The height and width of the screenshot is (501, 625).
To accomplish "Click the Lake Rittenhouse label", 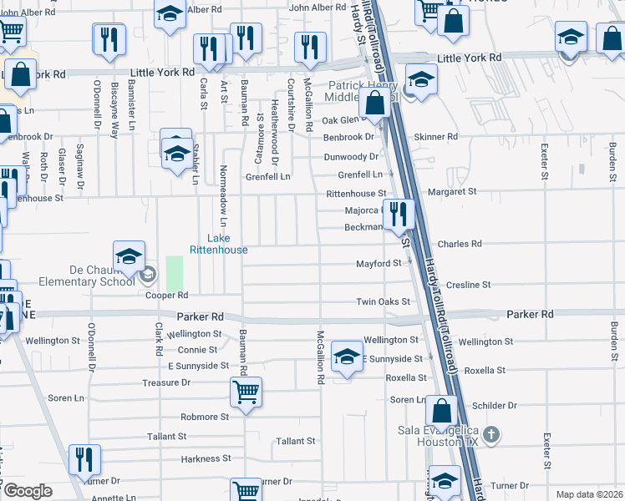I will [x=218, y=244].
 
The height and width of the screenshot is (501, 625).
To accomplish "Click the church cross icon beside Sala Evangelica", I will [x=491, y=434].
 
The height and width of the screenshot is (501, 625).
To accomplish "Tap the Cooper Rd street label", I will [x=166, y=296].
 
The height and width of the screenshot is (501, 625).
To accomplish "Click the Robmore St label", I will [x=205, y=417].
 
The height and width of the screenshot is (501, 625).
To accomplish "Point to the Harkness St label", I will [x=205, y=459].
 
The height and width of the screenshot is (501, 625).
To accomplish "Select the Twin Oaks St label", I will [x=384, y=301].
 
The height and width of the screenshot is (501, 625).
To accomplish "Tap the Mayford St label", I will [x=379, y=264].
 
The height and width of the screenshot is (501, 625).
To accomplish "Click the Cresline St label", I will [x=469, y=285].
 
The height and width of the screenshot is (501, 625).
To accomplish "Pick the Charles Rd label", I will [x=460, y=244].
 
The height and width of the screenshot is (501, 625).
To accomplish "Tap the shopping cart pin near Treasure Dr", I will [x=246, y=392].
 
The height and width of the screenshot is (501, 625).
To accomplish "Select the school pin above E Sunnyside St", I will [x=347, y=357].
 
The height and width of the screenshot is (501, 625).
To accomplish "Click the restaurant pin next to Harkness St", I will [x=84, y=460].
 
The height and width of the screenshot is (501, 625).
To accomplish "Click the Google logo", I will [x=28, y=491].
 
